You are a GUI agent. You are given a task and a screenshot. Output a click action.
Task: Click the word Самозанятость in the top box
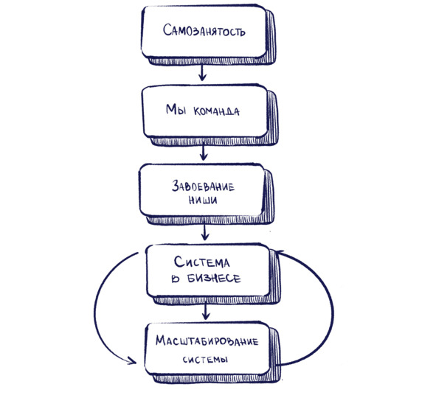(x=204, y=30)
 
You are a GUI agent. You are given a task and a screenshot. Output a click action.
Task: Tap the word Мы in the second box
(x=176, y=109)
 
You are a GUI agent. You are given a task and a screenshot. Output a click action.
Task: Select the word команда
(x=216, y=111)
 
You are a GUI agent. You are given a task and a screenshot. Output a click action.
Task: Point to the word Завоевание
(x=203, y=186)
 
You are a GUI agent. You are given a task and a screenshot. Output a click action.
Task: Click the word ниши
(x=203, y=200)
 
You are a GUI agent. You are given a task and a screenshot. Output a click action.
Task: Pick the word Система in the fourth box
(x=202, y=262)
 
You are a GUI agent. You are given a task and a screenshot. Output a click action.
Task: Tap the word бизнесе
(x=214, y=279)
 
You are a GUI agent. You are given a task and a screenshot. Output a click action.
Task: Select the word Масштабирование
(x=207, y=341)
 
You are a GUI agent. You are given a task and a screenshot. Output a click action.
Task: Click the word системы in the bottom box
(x=205, y=360)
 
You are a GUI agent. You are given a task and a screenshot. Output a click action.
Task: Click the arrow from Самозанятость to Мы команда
(x=202, y=73)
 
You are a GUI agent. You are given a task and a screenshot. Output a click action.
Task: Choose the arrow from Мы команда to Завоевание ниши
(x=204, y=153)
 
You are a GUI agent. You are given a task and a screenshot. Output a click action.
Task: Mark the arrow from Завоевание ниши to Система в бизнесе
(x=205, y=232)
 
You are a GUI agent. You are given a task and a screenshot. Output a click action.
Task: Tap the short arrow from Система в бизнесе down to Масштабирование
(x=206, y=311)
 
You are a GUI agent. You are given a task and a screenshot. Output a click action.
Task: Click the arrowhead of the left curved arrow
(x=132, y=360)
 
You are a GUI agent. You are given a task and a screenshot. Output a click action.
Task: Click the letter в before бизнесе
(x=176, y=279)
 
